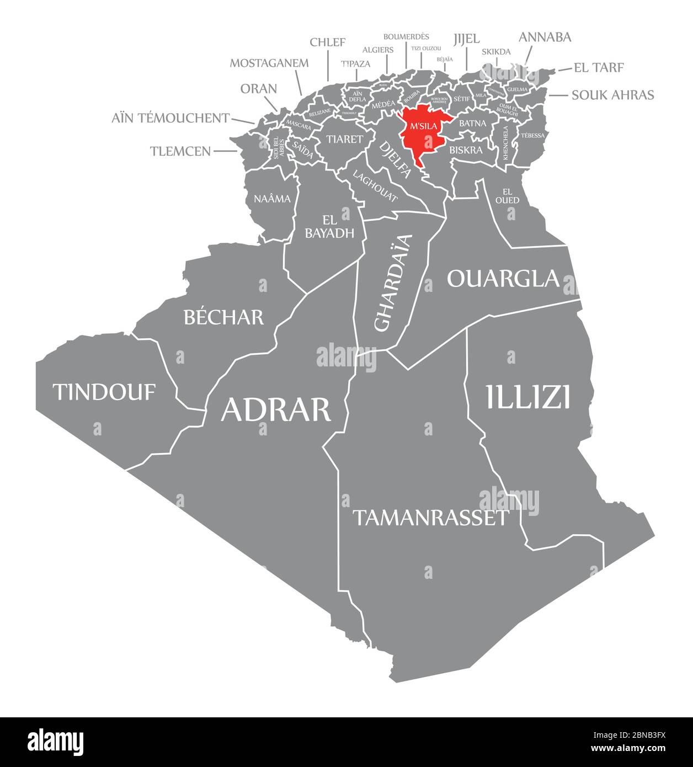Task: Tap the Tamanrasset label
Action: click(x=430, y=518)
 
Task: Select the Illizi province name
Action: click(x=527, y=397)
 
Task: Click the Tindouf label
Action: click(x=104, y=392)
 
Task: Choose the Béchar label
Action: click(x=223, y=317)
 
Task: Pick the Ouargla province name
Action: click(x=503, y=279)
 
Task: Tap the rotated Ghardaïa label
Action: click(x=393, y=283)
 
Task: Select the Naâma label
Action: click(x=272, y=199)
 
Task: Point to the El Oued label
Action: click(x=507, y=196)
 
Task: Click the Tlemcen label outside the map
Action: click(x=180, y=151)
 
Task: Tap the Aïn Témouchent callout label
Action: click(x=170, y=118)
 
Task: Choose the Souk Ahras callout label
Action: click(x=612, y=95)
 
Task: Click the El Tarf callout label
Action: click(x=599, y=68)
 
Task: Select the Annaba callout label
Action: click(x=545, y=37)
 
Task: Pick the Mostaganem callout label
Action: click(x=269, y=62)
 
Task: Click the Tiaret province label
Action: click(x=344, y=139)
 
